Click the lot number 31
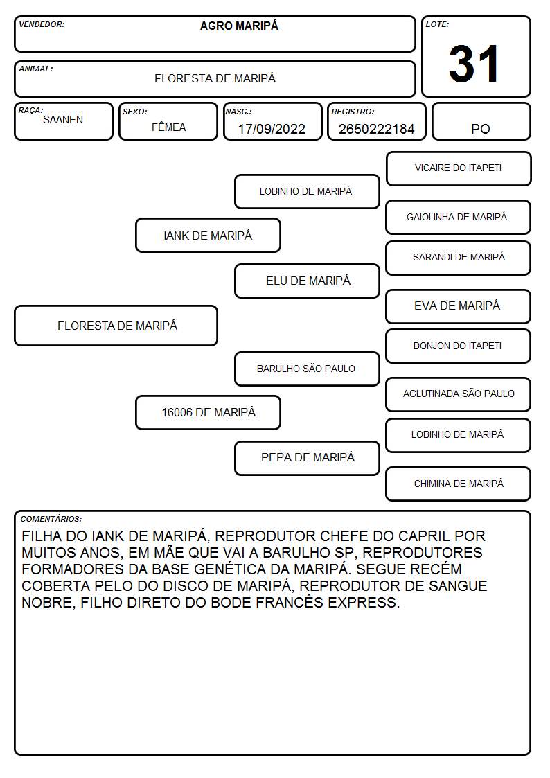coord(474,64)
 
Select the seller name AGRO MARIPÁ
coord(239,26)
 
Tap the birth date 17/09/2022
coord(272,129)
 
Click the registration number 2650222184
coord(376,129)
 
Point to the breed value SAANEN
coord(63,120)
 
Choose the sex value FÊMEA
coord(168,127)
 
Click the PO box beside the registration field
coord(481,121)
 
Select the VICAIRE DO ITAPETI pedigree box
coord(459,169)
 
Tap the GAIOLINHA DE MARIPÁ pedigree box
coord(459,218)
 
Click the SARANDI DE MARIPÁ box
coord(459,258)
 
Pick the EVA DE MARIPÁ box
coord(459,306)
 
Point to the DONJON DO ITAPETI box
coord(459,346)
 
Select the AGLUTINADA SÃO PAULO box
coord(459,394)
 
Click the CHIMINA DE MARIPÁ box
coord(459,484)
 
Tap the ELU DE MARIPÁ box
coord(308,281)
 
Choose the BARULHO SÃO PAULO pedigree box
coord(308,369)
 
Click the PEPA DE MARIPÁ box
coord(308,458)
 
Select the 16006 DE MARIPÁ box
coord(209,412)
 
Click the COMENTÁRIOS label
coord(51,519)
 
